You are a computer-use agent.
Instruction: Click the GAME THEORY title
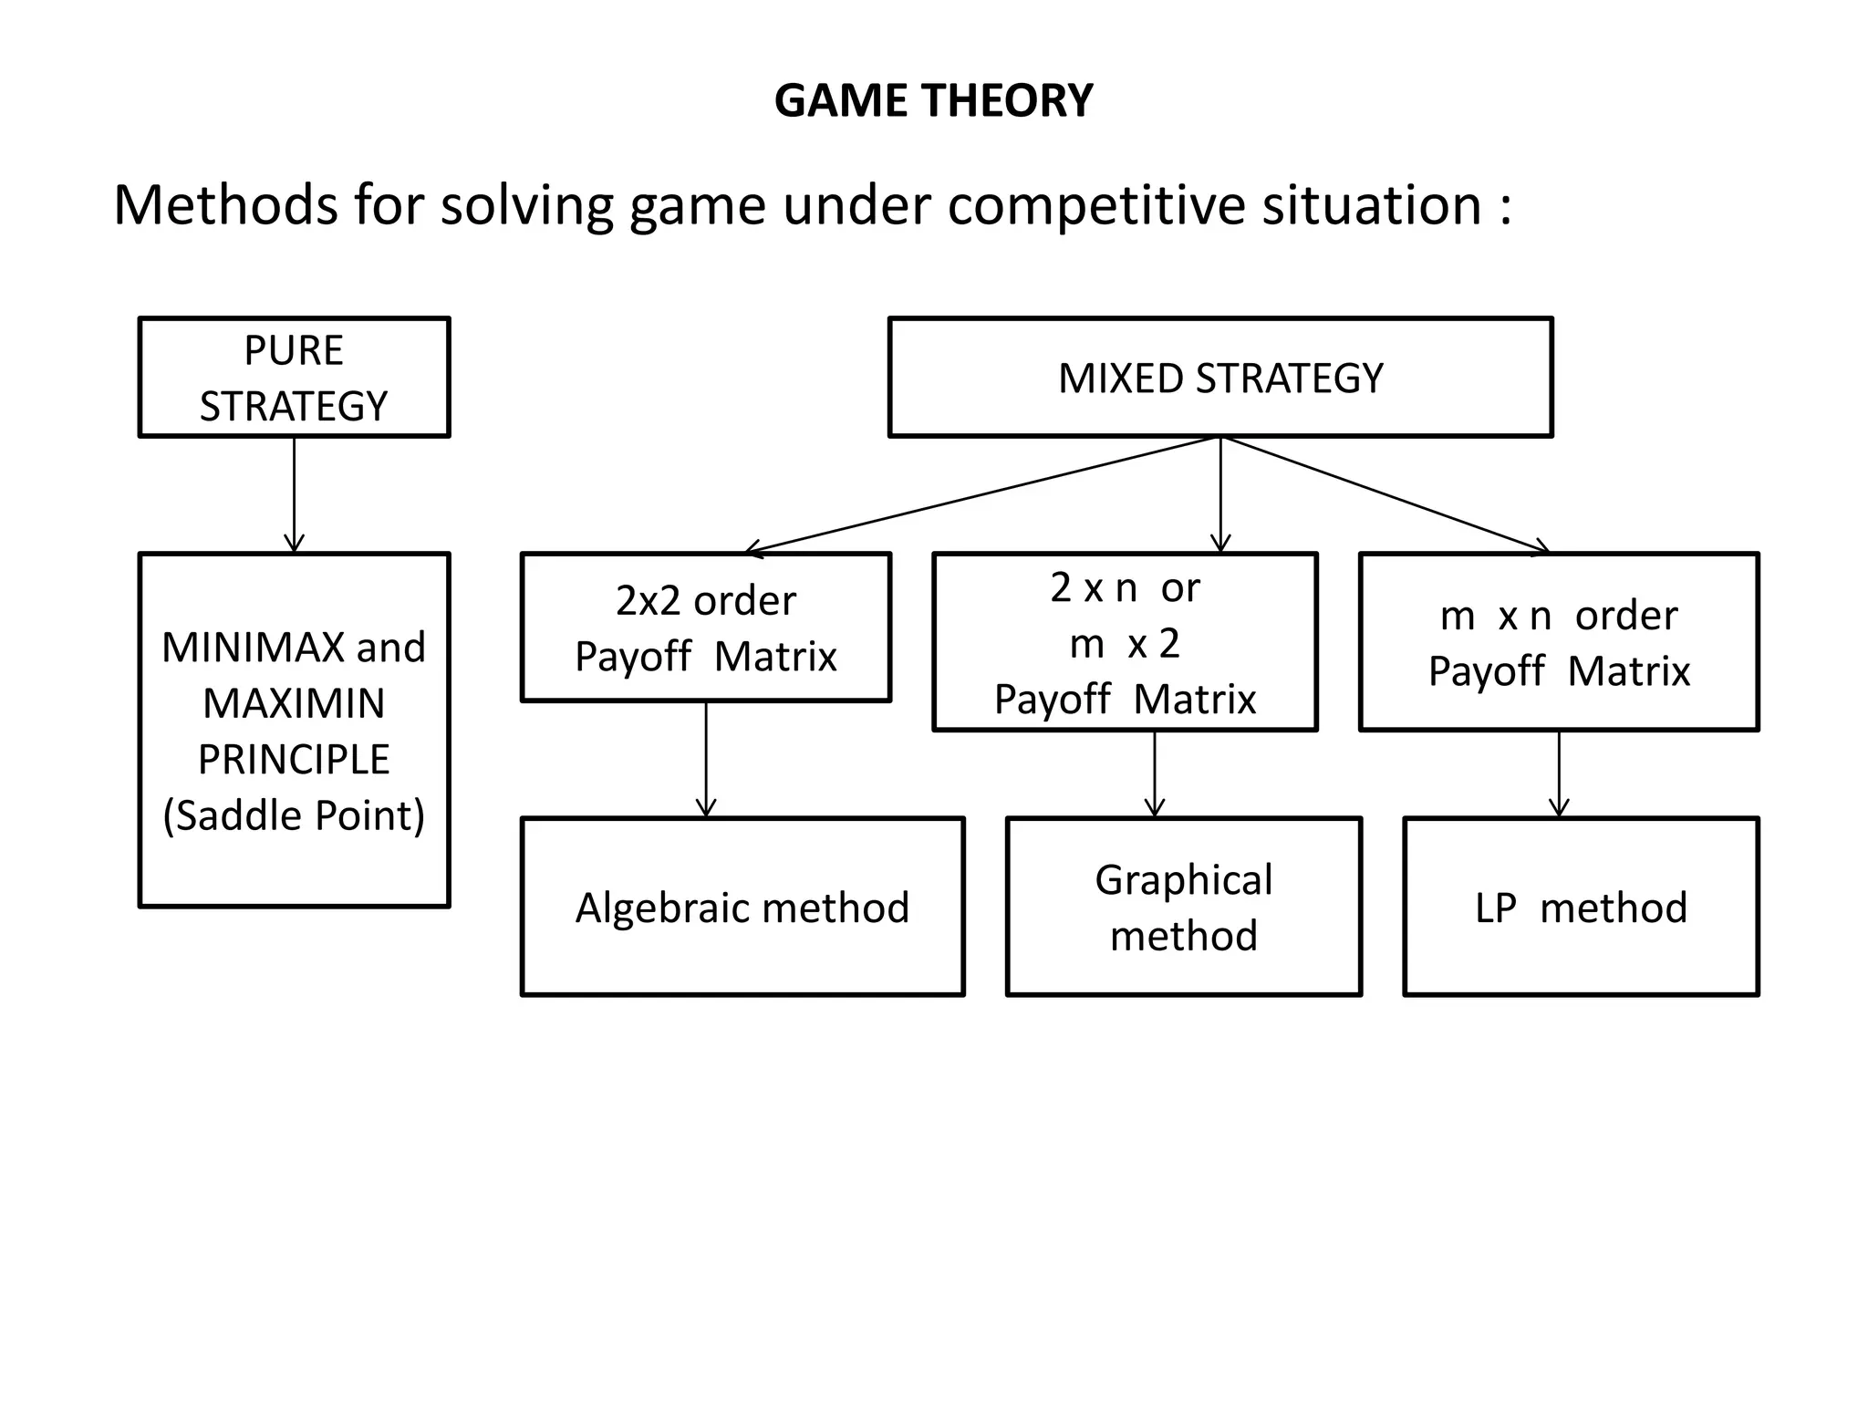(933, 100)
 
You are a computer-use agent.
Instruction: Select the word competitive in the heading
(1095, 205)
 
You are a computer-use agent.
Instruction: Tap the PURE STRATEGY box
(294, 378)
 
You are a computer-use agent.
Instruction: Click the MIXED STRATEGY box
(1220, 378)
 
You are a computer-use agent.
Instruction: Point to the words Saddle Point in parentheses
(294, 815)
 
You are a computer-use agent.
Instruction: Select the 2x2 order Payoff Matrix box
(705, 628)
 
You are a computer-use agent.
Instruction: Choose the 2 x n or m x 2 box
(1125, 642)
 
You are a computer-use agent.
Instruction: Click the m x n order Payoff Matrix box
(1558, 642)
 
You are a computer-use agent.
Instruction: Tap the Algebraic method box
(742, 907)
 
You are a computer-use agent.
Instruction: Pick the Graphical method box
(1183, 907)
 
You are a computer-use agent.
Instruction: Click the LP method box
(1580, 907)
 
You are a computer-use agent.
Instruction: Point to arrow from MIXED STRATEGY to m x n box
(1386, 495)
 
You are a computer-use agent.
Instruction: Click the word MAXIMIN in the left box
(294, 703)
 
